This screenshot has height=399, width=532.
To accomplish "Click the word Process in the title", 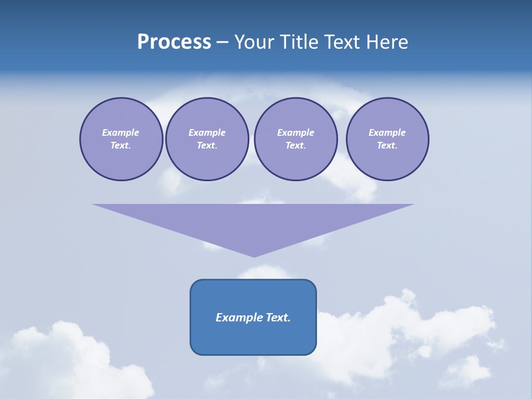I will point(174,42).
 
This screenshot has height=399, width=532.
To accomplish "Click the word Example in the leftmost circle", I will point(121,132).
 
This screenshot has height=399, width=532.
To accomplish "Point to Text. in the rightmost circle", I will point(387,145).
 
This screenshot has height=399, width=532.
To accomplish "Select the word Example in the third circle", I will point(295,132).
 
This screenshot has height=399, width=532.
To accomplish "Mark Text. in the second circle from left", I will point(207,145).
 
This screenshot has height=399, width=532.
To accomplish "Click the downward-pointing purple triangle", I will point(253,222).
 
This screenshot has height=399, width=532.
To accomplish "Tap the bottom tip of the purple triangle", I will point(254,255).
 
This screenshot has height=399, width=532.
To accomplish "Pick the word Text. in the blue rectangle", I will point(278,318).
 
